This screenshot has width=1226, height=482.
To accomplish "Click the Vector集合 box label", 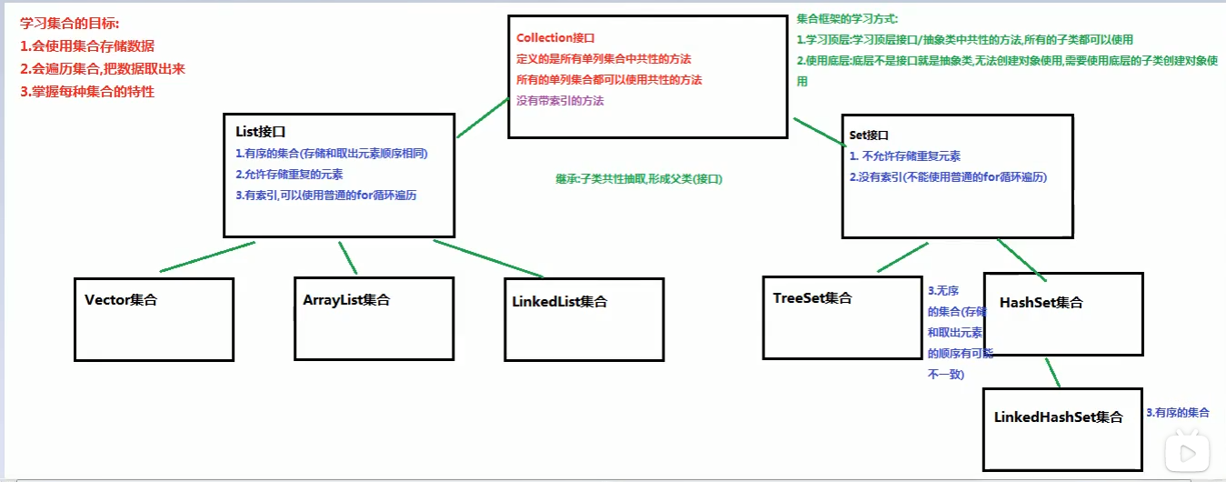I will click(x=121, y=300).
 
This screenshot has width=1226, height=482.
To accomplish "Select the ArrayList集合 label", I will click(x=347, y=299).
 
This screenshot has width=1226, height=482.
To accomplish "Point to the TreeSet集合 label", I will click(x=813, y=298).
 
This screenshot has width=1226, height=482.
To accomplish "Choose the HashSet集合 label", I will click(x=1042, y=302).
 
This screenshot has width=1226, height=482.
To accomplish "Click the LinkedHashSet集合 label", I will click(x=1059, y=417).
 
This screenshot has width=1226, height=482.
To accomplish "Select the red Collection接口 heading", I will click(x=555, y=38).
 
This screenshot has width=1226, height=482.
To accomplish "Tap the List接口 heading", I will click(x=262, y=133).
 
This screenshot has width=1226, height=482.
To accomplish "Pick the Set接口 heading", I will click(x=870, y=135).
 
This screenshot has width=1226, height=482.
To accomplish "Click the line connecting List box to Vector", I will click(x=207, y=256).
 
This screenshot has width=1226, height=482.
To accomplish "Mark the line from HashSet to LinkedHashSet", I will click(x=1053, y=371).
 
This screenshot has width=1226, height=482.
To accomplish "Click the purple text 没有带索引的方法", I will click(x=560, y=101).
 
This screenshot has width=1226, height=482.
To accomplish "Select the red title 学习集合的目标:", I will click(x=70, y=24).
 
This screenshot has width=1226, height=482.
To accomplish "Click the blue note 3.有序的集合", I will click(x=1179, y=413).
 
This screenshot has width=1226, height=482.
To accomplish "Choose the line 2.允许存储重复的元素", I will click(x=289, y=174).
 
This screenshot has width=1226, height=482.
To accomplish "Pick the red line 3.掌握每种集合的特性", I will click(x=87, y=91).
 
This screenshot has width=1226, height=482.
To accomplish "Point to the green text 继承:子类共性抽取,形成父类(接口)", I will click(x=639, y=179).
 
